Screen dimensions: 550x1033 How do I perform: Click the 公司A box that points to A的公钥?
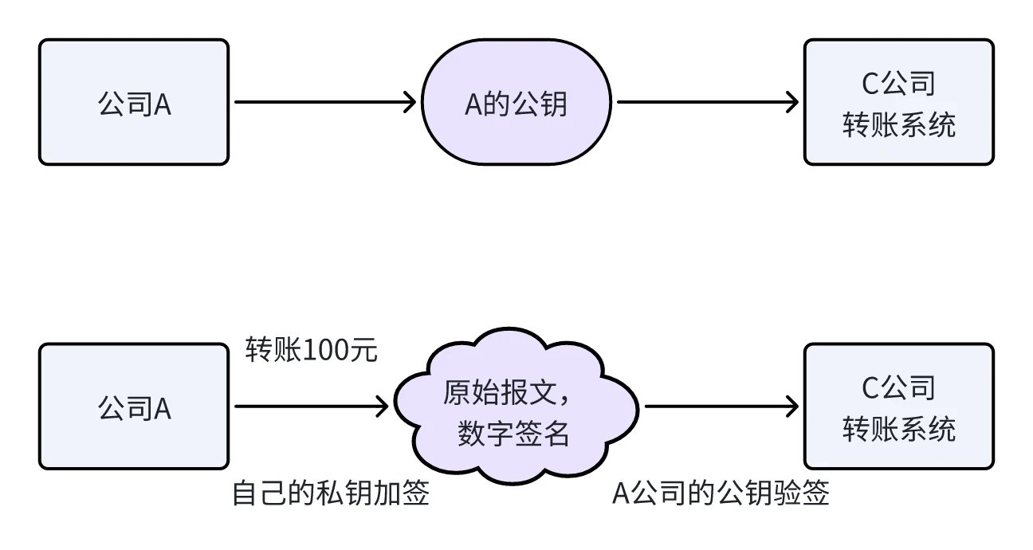(134, 103)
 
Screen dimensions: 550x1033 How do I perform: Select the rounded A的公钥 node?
(516, 103)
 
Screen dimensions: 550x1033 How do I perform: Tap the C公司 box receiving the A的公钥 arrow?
(898, 103)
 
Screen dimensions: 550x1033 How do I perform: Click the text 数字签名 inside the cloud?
(514, 434)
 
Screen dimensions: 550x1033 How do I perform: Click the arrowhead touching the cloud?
(383, 407)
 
